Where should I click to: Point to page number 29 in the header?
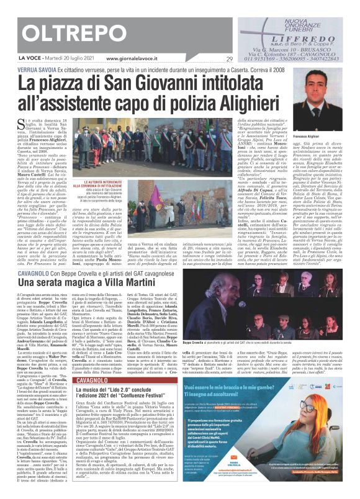point(229,59)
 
